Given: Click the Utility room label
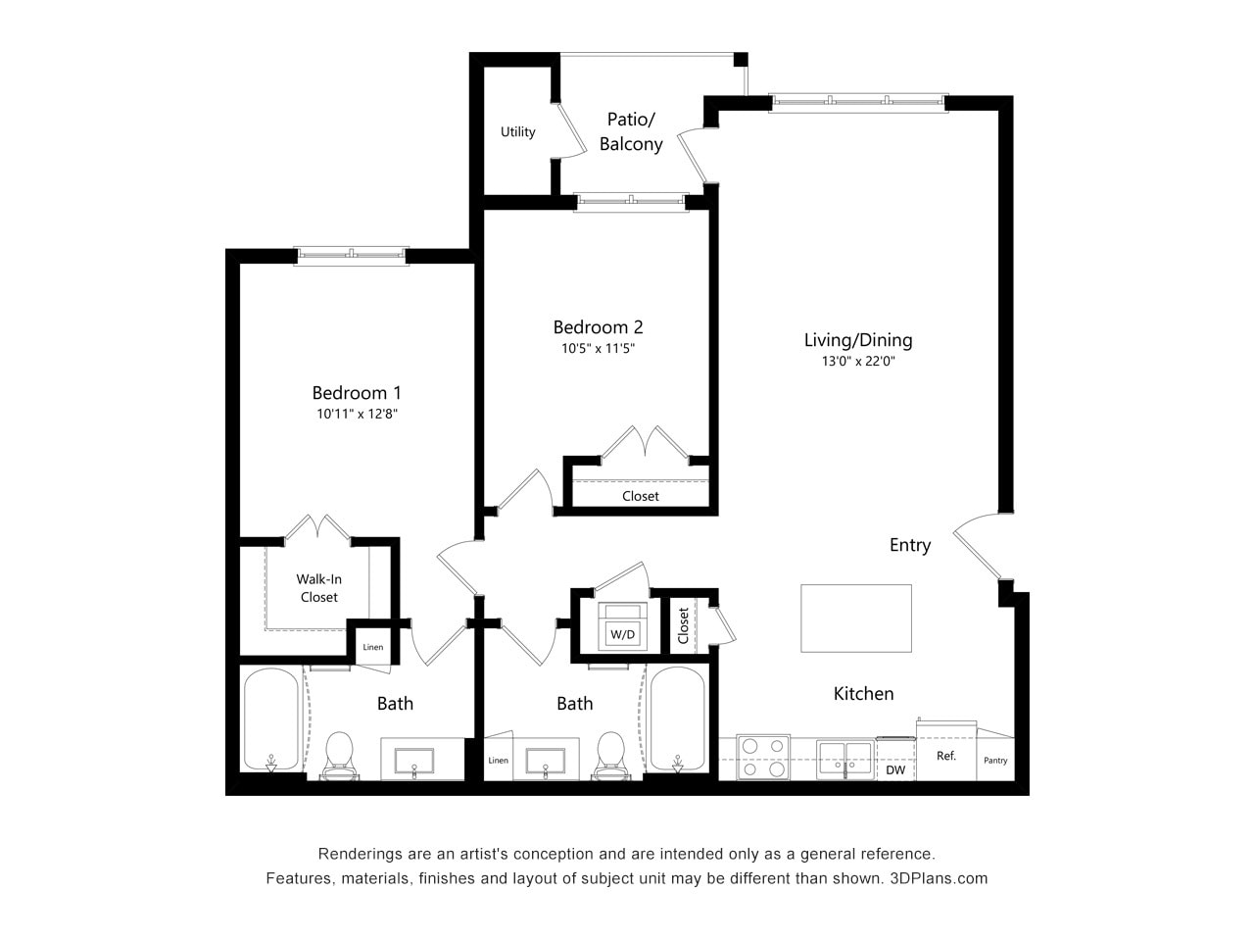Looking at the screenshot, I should pyautogui.click(x=517, y=132).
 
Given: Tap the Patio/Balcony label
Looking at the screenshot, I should pyautogui.click(x=631, y=131).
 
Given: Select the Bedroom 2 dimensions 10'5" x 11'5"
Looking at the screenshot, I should pyautogui.click(x=598, y=348).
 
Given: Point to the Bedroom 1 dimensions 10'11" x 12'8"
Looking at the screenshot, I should pyautogui.click(x=357, y=414).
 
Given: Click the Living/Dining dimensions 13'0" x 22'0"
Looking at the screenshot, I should pyautogui.click(x=858, y=361).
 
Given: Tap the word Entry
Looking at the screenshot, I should pyautogui.click(x=909, y=545).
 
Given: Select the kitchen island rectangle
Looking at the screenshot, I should pyautogui.click(x=856, y=618).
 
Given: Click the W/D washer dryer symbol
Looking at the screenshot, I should pyautogui.click(x=622, y=627).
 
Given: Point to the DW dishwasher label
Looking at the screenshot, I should pyautogui.click(x=895, y=770).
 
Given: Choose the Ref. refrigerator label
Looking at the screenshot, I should pyautogui.click(x=946, y=756).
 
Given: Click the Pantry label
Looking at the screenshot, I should pyautogui.click(x=995, y=761).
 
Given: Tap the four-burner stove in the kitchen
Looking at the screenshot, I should pyautogui.click(x=763, y=757).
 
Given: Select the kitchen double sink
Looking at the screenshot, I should pyautogui.click(x=845, y=758).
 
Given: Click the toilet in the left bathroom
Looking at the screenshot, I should pyautogui.click(x=339, y=757).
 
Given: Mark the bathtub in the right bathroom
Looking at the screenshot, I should pyautogui.click(x=676, y=720).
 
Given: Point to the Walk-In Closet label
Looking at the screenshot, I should pyautogui.click(x=318, y=588).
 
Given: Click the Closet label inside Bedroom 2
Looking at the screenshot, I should pyautogui.click(x=641, y=496).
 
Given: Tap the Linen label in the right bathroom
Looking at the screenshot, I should pyautogui.click(x=499, y=761).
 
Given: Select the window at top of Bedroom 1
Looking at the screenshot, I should pyautogui.click(x=352, y=255).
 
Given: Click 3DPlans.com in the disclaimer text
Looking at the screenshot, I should pyautogui.click(x=939, y=878).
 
